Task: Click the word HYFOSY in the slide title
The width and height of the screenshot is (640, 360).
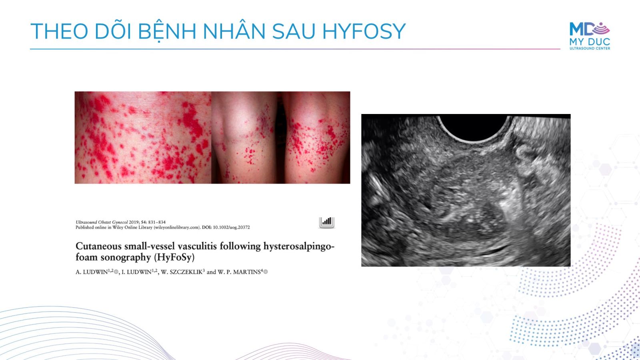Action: [364, 31]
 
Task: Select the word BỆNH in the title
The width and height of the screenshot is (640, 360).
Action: [167, 32]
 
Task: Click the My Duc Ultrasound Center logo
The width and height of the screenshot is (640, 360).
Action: [590, 36]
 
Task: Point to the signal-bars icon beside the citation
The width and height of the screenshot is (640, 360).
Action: [326, 222]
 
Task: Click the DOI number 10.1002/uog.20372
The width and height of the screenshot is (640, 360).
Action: [232, 228]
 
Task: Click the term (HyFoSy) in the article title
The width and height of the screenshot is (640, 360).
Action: [174, 258]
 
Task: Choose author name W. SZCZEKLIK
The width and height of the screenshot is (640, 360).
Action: [182, 272]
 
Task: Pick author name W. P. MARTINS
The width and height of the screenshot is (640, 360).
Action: [239, 272]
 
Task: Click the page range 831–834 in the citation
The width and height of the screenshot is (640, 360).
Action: [157, 222]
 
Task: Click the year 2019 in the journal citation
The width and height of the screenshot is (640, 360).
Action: [134, 222]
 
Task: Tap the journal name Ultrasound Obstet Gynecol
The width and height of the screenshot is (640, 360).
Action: [102, 222]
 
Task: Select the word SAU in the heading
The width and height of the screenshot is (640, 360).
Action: [294, 31]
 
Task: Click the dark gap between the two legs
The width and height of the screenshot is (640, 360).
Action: [280, 138]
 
